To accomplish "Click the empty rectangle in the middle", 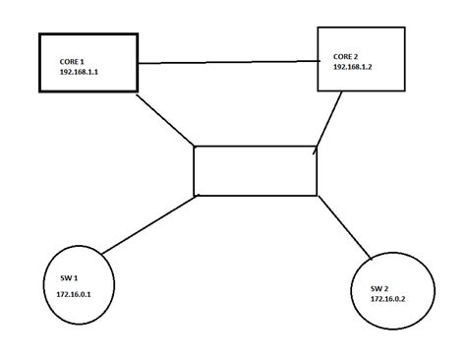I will (256, 170).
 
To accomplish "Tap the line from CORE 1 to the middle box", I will (164, 120).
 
